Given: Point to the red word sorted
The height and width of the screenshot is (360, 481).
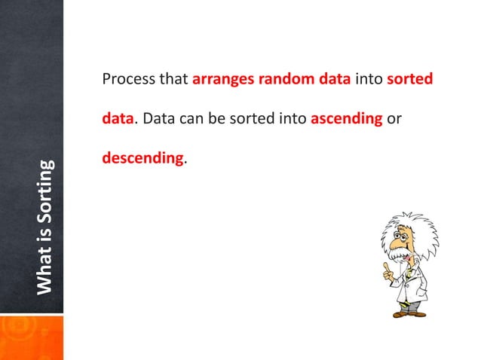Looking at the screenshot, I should [x=409, y=79].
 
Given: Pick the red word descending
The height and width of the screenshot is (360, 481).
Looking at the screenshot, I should [x=142, y=159].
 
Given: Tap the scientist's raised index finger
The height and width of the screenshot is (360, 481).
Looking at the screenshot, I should [x=387, y=266].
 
